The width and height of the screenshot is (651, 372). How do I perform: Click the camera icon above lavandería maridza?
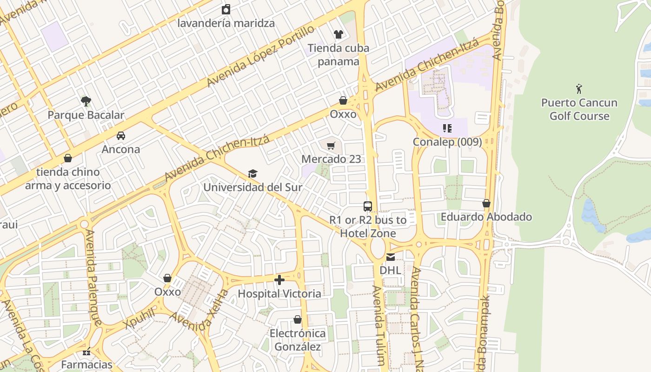click(x=226, y=9)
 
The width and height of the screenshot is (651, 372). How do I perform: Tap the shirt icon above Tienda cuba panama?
click(x=338, y=34)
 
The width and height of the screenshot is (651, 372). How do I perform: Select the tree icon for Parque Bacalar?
click(x=86, y=101)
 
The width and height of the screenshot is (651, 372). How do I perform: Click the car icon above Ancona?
click(x=121, y=136)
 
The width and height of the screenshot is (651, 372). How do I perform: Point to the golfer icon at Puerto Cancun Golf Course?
click(x=579, y=88)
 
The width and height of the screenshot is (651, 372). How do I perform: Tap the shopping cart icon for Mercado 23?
click(x=331, y=146)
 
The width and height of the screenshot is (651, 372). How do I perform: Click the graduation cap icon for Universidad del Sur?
click(x=252, y=174)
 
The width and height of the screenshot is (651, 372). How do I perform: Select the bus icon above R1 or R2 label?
click(x=368, y=206)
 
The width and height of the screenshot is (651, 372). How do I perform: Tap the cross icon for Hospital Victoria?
click(x=279, y=280)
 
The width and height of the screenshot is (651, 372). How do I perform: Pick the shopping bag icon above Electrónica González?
click(x=298, y=320)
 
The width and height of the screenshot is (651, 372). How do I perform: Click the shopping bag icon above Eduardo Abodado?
click(x=486, y=204)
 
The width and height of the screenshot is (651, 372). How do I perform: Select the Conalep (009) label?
click(x=447, y=142)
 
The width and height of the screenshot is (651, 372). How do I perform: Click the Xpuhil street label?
click(x=139, y=319)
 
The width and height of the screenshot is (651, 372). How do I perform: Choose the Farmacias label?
click(x=87, y=364)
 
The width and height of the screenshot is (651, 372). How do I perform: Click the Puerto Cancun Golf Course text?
click(x=579, y=109)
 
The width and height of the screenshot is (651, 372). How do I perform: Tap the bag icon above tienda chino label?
click(x=68, y=159)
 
